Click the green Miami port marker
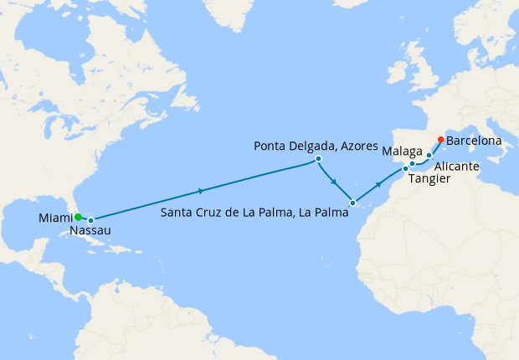click(x=78, y=217)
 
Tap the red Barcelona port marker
click(x=441, y=140)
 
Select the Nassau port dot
click(x=91, y=220)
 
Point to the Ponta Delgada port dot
click(x=319, y=159)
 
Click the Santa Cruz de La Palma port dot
click(x=353, y=203)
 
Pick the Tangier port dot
click(x=406, y=169)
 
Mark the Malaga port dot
click(x=413, y=164)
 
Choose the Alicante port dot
click(x=429, y=156)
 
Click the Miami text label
click(x=55, y=219)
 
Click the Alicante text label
click(x=457, y=167)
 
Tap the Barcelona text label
click(x=474, y=141)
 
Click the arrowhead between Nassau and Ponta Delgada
click(x=201, y=190)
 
